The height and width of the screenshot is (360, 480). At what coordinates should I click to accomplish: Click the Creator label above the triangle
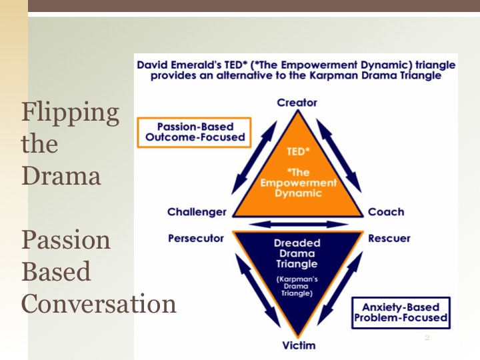click(297, 103)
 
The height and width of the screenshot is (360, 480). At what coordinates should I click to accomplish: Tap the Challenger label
click(197, 212)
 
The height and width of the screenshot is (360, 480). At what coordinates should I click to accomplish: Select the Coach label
click(386, 212)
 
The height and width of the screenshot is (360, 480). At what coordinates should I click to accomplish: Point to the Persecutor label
click(196, 238)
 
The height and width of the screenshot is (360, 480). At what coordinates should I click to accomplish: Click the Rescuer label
click(389, 238)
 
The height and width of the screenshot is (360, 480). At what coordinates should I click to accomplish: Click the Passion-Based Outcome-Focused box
click(195, 132)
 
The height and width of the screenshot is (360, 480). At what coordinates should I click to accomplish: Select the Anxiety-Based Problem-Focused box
click(401, 313)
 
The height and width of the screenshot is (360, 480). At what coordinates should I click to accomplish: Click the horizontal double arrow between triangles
click(297, 224)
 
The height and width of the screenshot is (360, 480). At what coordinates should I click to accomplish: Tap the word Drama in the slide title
click(61, 176)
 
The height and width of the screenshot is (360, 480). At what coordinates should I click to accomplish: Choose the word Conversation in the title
click(99, 303)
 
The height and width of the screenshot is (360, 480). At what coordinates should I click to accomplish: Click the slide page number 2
click(427, 339)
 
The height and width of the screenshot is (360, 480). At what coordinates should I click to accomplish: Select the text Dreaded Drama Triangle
click(297, 253)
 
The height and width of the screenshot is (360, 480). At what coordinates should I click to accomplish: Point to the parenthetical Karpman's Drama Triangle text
click(297, 286)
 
